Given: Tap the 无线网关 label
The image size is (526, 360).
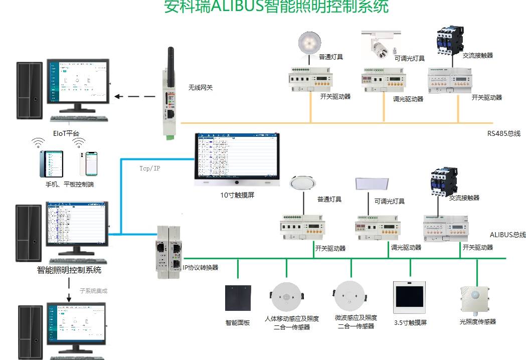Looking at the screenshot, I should pos(201,87).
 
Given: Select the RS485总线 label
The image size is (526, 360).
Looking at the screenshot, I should pos(503,133).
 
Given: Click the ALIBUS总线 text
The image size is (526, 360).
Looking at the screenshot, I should pos(507,235).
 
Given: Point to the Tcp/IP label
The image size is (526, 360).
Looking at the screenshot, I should pos(149,168).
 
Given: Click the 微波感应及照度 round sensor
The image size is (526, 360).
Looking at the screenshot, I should pos(350,297).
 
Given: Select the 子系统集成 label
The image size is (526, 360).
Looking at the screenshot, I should pos(93,291).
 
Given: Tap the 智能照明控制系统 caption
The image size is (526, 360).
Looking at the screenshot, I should pos(69,270).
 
